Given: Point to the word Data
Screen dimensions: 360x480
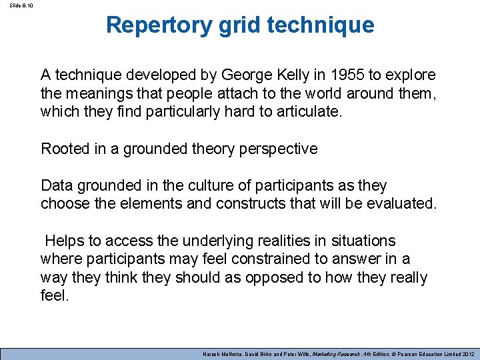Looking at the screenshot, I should (56, 185).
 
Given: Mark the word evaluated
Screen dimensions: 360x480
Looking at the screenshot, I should (402, 203).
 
